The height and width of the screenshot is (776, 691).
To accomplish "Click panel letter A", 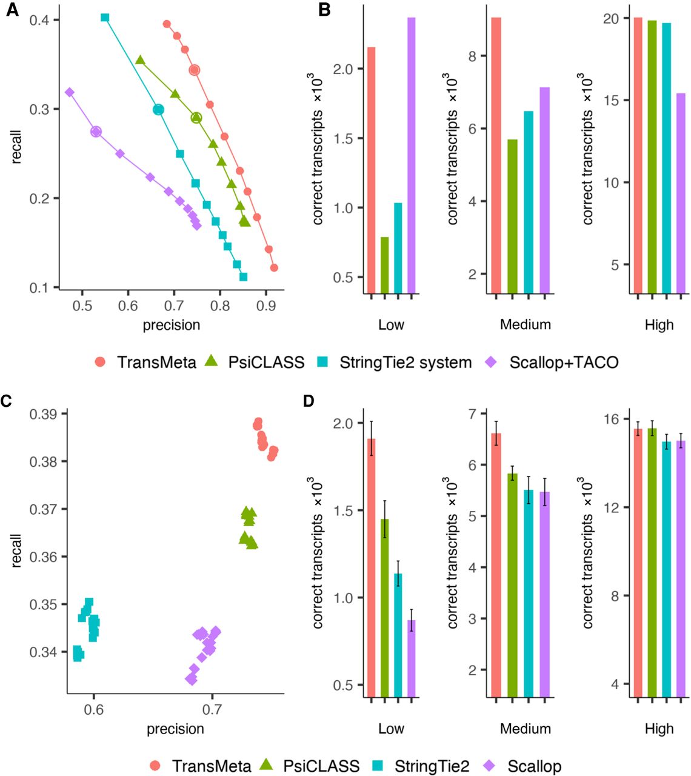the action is pos(12,10).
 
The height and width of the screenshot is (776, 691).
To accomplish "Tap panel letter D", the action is pos(309,401).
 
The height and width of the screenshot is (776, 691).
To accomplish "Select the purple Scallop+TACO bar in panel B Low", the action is pos(412,156).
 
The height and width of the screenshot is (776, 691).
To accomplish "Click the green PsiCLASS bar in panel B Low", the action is pos(384,266).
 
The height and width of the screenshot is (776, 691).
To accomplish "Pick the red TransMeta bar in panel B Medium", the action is pos(496,156).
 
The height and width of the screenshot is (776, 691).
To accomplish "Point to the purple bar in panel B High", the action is pos(681,193).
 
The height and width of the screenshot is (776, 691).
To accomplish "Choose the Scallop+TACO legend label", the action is pos(552,362).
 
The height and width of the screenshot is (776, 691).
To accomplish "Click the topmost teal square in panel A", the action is pos(105,17).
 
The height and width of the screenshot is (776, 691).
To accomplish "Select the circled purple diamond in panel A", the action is pos(96,132).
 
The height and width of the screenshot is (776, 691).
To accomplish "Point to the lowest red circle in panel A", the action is pos(274,268).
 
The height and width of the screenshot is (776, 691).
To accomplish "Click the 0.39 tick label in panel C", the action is pos(43,414).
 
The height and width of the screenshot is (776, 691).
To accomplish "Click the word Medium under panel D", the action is pos(526,728).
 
